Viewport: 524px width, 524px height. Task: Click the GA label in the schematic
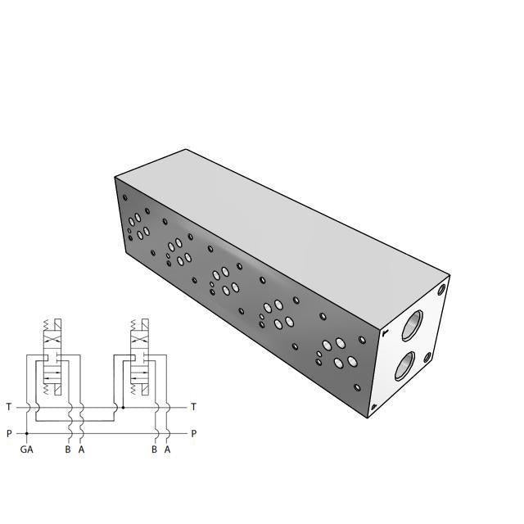pyautogui.click(x=26, y=449)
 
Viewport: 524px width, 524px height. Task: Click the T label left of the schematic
pyautogui.click(x=8, y=407)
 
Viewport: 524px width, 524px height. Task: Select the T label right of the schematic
pyautogui.click(x=193, y=407)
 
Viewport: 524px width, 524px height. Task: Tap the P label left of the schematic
pyautogui.click(x=8, y=433)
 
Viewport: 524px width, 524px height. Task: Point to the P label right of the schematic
pyautogui.click(x=193, y=433)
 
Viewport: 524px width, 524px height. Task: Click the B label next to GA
pyautogui.click(x=68, y=449)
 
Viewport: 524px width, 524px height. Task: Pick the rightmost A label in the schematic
pyautogui.click(x=167, y=449)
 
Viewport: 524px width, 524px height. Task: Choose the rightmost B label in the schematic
pyautogui.click(x=154, y=449)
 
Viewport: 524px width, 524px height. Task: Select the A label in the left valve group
pyautogui.click(x=81, y=449)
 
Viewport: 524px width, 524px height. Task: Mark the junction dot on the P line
pyautogui.click(x=27, y=433)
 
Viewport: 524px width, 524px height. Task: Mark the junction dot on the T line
pyautogui.click(x=123, y=407)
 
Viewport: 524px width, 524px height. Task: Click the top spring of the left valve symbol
pyautogui.click(x=47, y=325)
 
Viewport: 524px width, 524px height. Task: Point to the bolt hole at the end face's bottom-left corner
pyautogui.click(x=373, y=407)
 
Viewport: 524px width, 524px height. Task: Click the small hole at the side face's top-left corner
pyautogui.click(x=124, y=196)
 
